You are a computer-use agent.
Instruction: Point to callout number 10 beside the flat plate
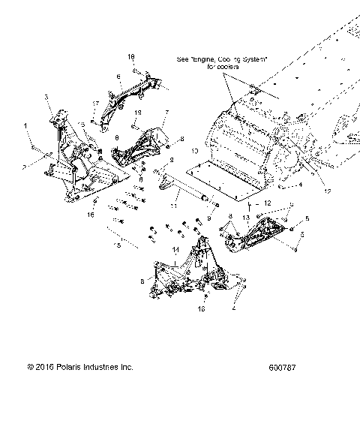[x=194, y=151]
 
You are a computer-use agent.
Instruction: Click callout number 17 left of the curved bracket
[x=96, y=104]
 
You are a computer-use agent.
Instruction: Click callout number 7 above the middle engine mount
[x=166, y=113]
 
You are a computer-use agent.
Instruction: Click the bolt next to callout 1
[x=34, y=142]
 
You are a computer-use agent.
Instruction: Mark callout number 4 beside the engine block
[x=300, y=184]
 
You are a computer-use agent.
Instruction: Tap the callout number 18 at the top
[x=131, y=57]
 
